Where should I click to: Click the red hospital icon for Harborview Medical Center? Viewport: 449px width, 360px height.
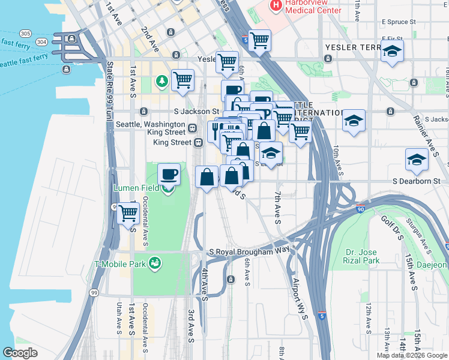pos(276,5)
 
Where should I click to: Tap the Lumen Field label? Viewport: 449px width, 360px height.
pos(137,188)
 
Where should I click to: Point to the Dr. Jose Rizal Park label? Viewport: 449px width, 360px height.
pos(363,256)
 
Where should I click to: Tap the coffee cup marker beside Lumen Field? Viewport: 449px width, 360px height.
pos(169,175)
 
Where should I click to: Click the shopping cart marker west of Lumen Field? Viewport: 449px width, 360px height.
pos(128,212)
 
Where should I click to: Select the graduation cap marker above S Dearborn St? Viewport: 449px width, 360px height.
pos(417,160)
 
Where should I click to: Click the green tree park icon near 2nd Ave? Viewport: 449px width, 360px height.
pos(161,80)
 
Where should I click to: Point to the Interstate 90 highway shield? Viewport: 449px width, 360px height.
pos(360,209)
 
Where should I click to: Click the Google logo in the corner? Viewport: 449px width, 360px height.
pos(20,353)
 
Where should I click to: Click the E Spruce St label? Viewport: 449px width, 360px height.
pos(398,21)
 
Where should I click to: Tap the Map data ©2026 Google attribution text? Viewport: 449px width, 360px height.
pos(412,355)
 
